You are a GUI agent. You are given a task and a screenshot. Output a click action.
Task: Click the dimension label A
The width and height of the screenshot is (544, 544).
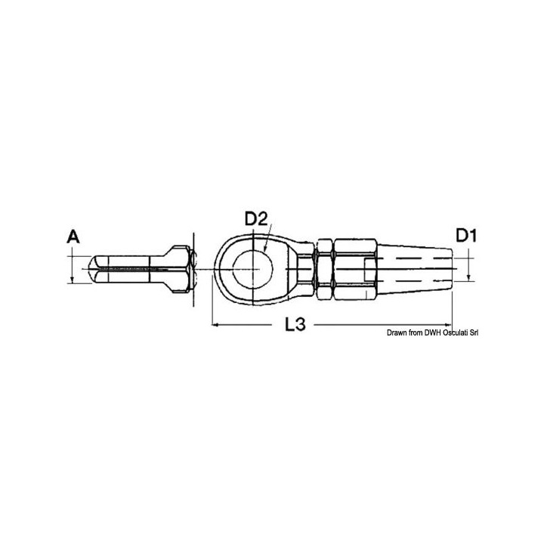(x=73, y=237)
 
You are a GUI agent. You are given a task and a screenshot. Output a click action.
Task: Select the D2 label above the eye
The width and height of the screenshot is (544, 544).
(x=256, y=219)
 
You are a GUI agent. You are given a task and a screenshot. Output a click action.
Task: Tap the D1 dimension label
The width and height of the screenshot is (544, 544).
(x=466, y=236)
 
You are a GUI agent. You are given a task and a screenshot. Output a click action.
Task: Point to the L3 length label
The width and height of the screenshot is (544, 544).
(x=295, y=324)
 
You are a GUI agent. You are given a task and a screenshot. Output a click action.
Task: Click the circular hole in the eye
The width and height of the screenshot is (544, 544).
(x=252, y=269)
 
